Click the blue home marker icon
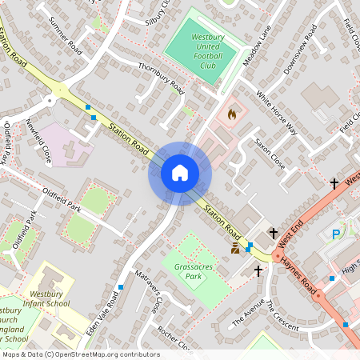(180, 173)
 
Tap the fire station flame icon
(233, 114)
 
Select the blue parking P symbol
(337, 234)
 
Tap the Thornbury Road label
(161, 78)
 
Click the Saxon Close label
(270, 152)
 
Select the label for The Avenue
(247, 312)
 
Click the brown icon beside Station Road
(235, 250)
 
